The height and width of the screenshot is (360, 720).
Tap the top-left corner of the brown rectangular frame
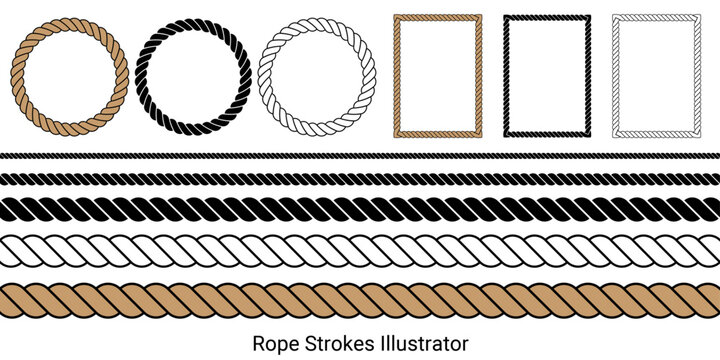tap(396, 16)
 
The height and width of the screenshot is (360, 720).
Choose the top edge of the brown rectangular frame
tap(438, 16)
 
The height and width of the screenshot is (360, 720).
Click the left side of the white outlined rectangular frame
tap(614, 76)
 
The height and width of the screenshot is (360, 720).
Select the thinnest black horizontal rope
tap(360, 156)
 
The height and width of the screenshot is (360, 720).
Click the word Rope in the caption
tap(271, 343)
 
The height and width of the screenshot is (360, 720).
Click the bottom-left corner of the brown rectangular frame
tap(396, 136)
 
